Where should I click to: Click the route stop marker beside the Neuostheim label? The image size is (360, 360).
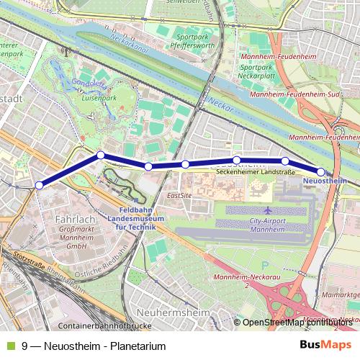(320, 172)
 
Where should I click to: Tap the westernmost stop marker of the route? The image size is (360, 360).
(39, 185)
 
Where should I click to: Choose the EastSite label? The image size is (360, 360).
(179, 195)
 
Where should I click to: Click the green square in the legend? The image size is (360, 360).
(10, 346)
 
